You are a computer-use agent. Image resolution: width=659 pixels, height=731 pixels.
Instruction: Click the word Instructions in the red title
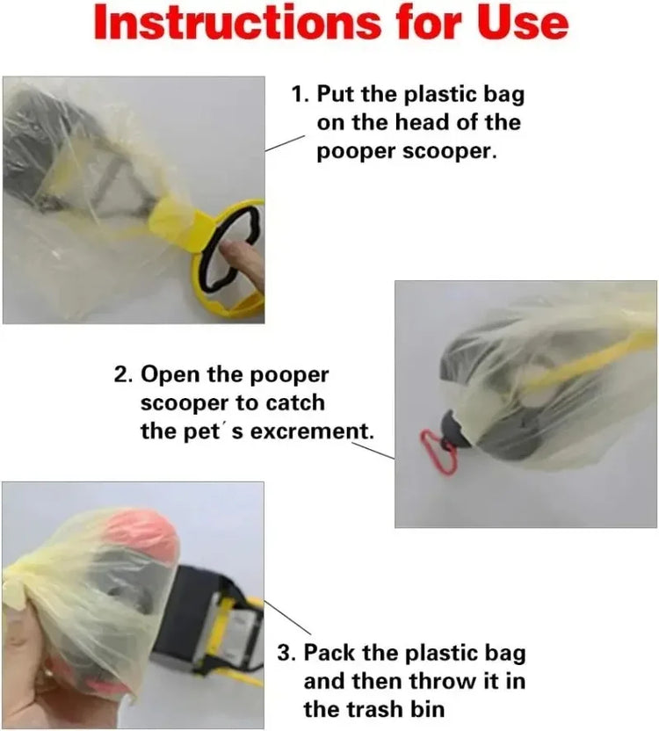pyautogui.click(x=237, y=23)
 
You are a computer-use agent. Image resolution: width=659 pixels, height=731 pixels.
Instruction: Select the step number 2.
pyautogui.click(x=122, y=374)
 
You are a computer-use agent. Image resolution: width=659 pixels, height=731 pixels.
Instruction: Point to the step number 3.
pyautogui.click(x=286, y=653)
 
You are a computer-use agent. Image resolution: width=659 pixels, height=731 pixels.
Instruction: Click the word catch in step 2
pyautogui.click(x=293, y=402)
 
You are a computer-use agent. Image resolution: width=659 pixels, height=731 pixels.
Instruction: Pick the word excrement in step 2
pyautogui.click(x=312, y=431)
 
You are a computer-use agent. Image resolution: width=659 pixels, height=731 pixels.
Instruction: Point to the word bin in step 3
pyautogui.click(x=427, y=709)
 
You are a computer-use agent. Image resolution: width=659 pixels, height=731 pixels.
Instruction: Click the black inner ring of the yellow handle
pyautogui.click(x=206, y=247)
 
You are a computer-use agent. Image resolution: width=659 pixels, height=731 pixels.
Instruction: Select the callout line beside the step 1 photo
pyautogui.click(x=285, y=143)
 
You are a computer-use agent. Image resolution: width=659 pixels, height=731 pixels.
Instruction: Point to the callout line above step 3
pyautogui.click(x=287, y=618)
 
